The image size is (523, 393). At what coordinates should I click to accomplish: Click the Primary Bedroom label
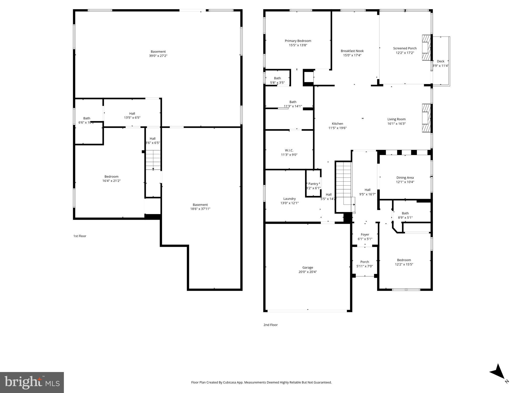(x=298, y=41)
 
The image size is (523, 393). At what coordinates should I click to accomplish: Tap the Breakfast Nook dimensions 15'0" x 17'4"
(x=352, y=55)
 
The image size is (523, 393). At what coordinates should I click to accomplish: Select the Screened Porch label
(x=405, y=48)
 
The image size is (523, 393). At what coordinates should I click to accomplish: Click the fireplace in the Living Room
(x=426, y=118)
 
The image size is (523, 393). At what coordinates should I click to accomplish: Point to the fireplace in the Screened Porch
(x=426, y=48)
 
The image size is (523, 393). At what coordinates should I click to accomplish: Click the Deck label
(x=440, y=61)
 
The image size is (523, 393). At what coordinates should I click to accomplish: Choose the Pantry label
(x=313, y=184)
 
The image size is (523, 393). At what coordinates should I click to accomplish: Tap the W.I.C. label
(x=289, y=150)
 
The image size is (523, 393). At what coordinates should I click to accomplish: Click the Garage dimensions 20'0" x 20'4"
(x=308, y=272)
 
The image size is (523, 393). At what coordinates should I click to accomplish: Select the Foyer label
(x=365, y=234)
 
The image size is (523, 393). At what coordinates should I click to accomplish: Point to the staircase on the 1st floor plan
(x=153, y=160)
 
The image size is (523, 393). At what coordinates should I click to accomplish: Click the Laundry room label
(x=289, y=199)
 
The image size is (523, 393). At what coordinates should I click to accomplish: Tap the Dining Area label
(x=405, y=178)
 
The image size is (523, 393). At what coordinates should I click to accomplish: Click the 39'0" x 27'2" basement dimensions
(x=158, y=56)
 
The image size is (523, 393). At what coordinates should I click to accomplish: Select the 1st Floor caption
(x=80, y=236)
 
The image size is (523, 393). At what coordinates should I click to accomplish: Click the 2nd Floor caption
(x=271, y=325)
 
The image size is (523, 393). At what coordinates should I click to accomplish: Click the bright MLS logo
(x=32, y=382)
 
